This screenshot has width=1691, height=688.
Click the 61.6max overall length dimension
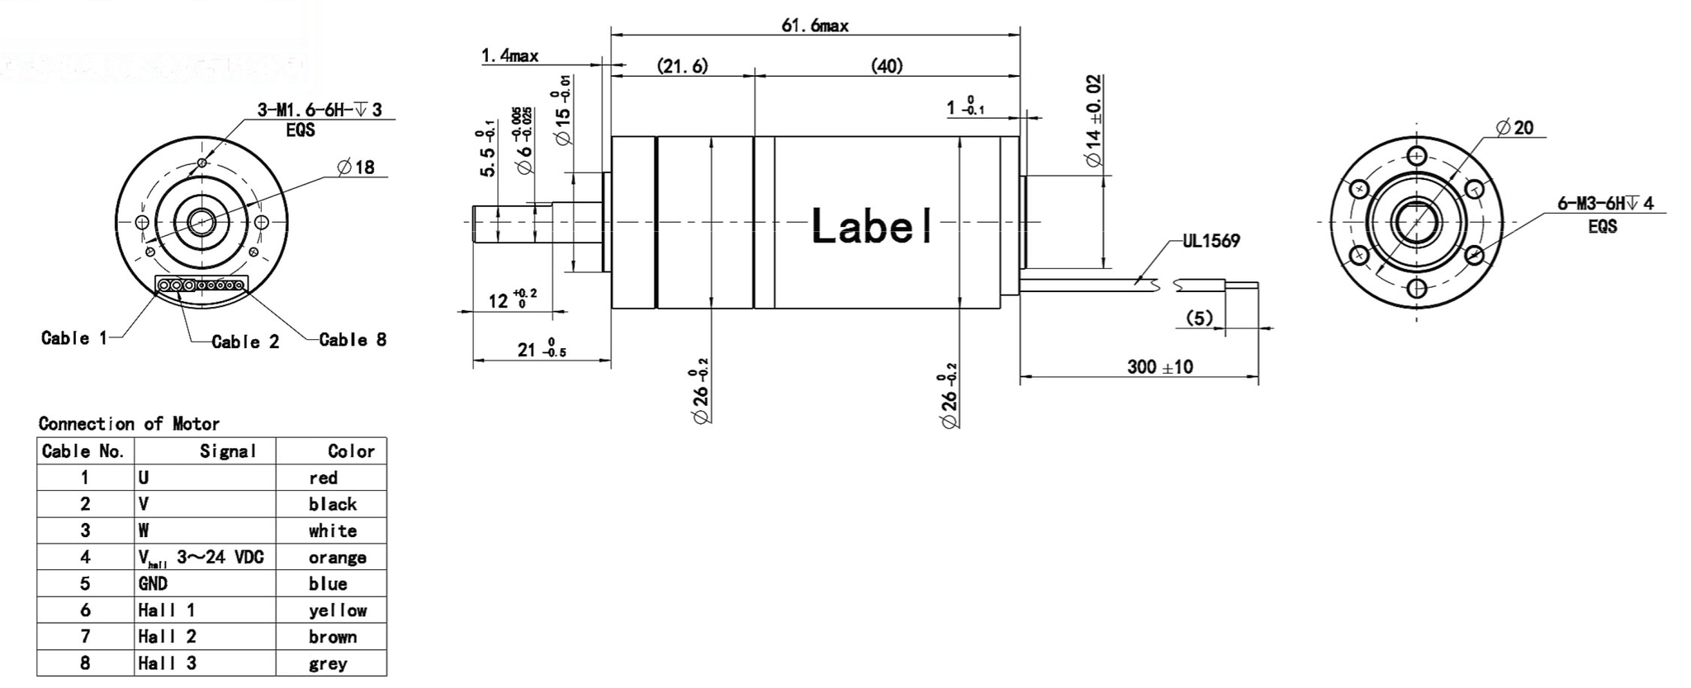click(x=814, y=26)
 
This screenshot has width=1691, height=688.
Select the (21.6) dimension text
click(x=682, y=66)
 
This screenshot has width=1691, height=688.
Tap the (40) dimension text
click(x=887, y=66)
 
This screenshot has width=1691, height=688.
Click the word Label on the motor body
click(x=872, y=225)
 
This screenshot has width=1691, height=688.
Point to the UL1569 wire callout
click(x=1210, y=241)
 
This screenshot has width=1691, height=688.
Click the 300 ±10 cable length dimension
click(x=1159, y=367)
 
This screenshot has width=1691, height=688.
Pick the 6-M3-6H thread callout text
click(x=1605, y=204)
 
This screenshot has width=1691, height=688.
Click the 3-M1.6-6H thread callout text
click(x=320, y=110)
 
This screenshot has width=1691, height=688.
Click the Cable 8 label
click(x=353, y=340)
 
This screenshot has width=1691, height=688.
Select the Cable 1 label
click(x=73, y=338)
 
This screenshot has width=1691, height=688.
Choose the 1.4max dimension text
click(x=509, y=56)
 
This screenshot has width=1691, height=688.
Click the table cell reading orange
click(x=337, y=558)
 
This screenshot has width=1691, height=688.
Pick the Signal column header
click(x=228, y=451)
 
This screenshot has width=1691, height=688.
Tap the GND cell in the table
click(x=153, y=584)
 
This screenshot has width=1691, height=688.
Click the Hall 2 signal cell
click(x=167, y=637)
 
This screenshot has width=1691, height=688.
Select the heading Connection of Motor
click(x=129, y=424)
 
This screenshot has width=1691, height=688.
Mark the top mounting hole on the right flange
click(x=1417, y=156)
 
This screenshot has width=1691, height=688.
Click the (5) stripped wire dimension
click(x=1199, y=318)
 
